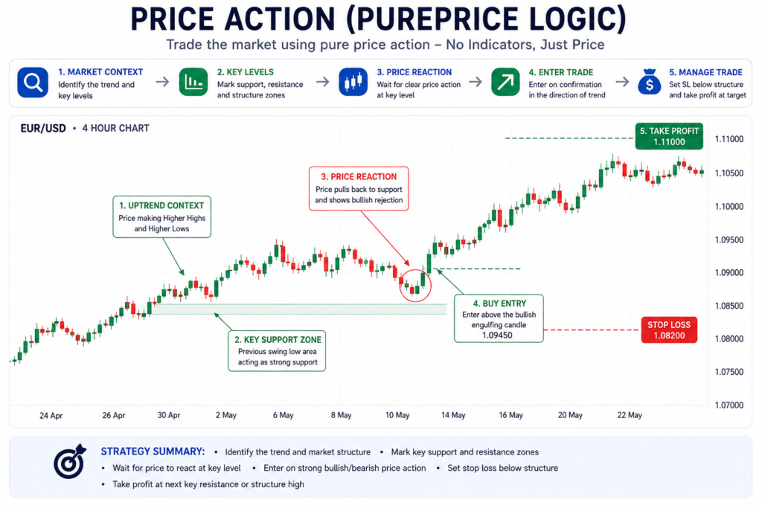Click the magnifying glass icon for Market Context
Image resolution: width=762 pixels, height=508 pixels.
(33, 83)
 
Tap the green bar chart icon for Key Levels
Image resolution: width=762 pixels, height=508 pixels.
(193, 82)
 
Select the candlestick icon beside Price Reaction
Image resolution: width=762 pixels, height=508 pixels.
(353, 82)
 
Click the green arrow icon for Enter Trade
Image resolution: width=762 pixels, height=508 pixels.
(505, 82)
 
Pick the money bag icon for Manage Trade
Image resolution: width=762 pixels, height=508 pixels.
(650, 82)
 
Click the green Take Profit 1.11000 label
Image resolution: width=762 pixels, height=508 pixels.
(669, 136)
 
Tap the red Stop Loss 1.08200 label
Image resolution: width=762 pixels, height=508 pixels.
(669, 329)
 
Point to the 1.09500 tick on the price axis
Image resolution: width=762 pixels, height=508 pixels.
(729, 240)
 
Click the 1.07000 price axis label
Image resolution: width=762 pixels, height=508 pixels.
(729, 405)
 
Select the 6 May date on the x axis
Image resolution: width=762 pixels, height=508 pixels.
(283, 415)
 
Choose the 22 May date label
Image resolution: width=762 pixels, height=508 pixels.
(630, 415)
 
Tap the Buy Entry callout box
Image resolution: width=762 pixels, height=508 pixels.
(499, 318)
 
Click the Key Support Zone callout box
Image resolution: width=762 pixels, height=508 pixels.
(277, 350)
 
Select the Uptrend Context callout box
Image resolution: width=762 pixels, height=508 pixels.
(161, 216)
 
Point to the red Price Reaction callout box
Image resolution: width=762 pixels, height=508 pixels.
(359, 188)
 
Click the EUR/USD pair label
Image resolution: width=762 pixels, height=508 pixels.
(42, 128)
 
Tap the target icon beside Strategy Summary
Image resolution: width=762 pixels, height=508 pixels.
(69, 461)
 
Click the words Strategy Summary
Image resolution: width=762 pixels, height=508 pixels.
(153, 451)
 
